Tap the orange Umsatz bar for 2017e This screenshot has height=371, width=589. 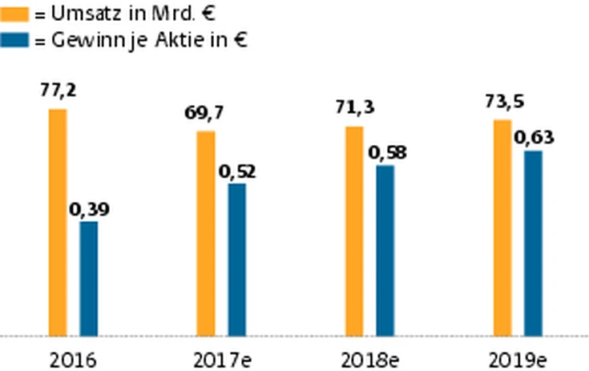[206, 233]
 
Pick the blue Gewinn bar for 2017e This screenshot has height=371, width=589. [236, 260]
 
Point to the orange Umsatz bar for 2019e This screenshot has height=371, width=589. [502, 228]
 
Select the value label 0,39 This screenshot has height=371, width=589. [89, 209]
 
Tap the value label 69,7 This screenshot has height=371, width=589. [204, 113]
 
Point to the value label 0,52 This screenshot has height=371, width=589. [236, 171]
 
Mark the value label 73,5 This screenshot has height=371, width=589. [503, 102]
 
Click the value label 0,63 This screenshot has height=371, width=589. [534, 137]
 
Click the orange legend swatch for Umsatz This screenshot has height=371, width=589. [17, 14]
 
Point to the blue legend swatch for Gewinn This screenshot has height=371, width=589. [17, 39]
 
